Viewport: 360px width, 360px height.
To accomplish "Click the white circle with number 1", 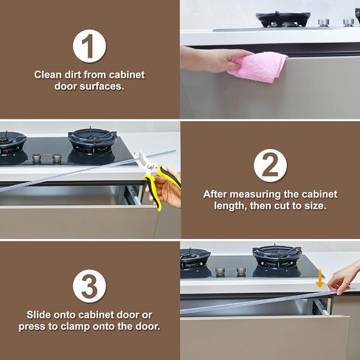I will tap(89, 46).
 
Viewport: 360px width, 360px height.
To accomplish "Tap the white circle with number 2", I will tap(270, 165).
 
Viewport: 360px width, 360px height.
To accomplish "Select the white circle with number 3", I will tap(89, 285).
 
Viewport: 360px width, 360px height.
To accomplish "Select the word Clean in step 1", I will tap(48, 75).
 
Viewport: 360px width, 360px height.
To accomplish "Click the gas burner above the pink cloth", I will tap(283, 18).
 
